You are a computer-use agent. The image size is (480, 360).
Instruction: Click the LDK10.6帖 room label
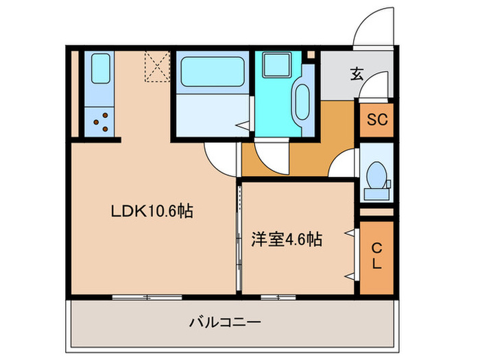click(152, 212)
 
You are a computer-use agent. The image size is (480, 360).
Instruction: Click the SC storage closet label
click(376, 119)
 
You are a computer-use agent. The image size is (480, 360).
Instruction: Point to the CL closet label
click(376, 256)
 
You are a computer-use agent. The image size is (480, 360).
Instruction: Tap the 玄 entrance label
click(357, 73)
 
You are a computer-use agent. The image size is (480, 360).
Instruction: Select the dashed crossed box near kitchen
click(156, 66)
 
